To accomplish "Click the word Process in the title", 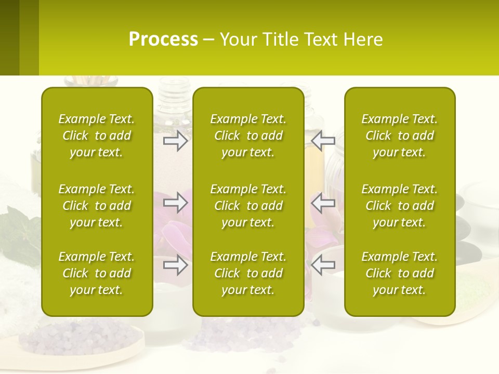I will pyautogui.click(x=163, y=39).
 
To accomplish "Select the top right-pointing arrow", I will pyautogui.click(x=175, y=141).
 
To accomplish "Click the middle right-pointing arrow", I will pyautogui.click(x=175, y=203).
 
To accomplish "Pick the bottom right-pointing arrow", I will pyautogui.click(x=175, y=265).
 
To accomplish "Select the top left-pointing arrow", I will pyautogui.click(x=323, y=141).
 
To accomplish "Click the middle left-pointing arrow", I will pyautogui.click(x=323, y=203).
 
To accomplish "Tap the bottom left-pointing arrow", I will pyautogui.click(x=323, y=265).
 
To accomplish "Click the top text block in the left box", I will pyautogui.click(x=97, y=136).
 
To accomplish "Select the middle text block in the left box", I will pyautogui.click(x=97, y=206).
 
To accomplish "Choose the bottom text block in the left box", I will pyautogui.click(x=97, y=273).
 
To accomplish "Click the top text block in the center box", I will pyautogui.click(x=248, y=136).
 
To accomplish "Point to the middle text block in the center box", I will pyautogui.click(x=248, y=206).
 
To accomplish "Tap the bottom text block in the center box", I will pyautogui.click(x=248, y=273).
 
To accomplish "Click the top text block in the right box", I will pyautogui.click(x=400, y=136).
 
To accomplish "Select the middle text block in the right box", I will pyautogui.click(x=400, y=206).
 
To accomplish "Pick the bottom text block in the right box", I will pyautogui.click(x=400, y=273).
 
